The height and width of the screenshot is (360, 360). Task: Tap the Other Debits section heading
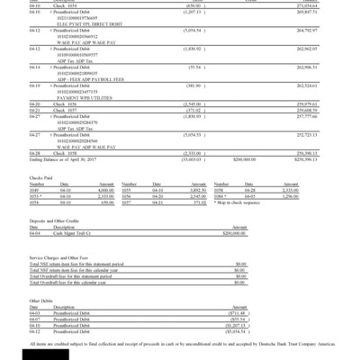tap(41, 300)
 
